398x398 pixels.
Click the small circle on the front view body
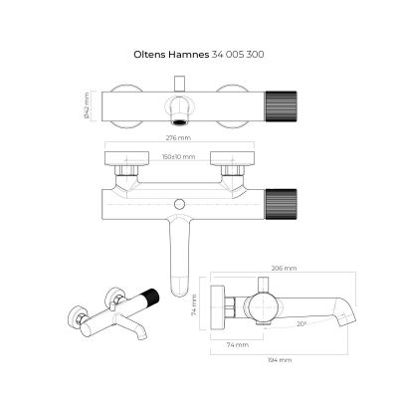point(178,206)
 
